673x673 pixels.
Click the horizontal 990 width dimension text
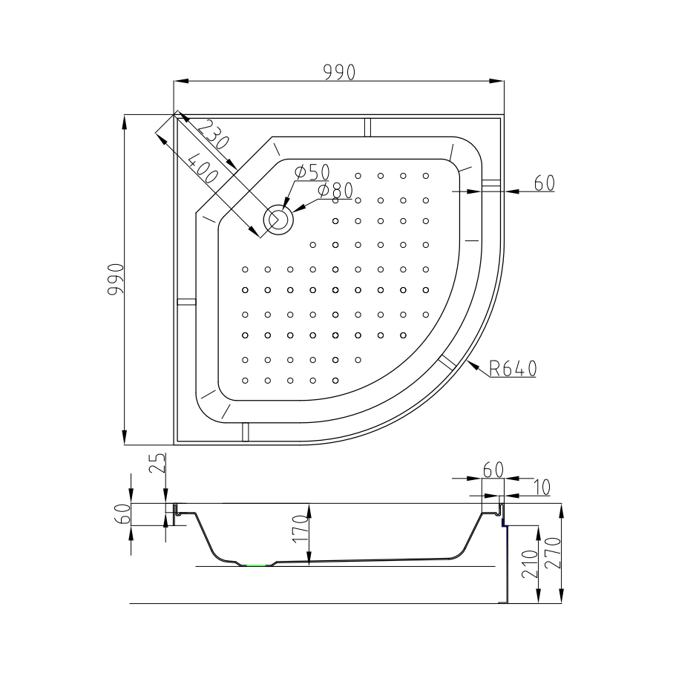pyautogui.click(x=340, y=72)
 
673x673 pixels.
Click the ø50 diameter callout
pyautogui.click(x=312, y=171)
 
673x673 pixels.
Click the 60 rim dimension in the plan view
pyautogui.click(x=545, y=183)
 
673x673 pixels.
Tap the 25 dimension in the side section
pyautogui.click(x=156, y=465)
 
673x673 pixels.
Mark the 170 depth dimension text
pyautogui.click(x=301, y=531)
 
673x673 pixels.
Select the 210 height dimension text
pyautogui.click(x=528, y=565)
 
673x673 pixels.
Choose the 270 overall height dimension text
pyautogui.click(x=551, y=553)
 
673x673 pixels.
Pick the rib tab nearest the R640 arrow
pyautogui.click(x=447, y=363)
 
